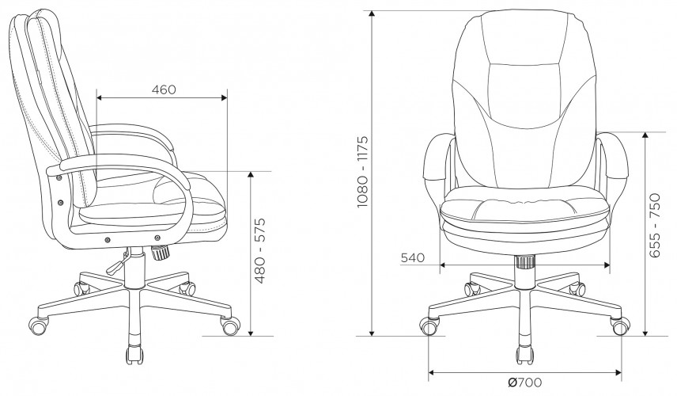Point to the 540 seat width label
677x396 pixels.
[x=413, y=258]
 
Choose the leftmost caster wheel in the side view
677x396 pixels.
[x=38, y=324]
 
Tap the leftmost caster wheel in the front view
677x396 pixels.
[x=431, y=326]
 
